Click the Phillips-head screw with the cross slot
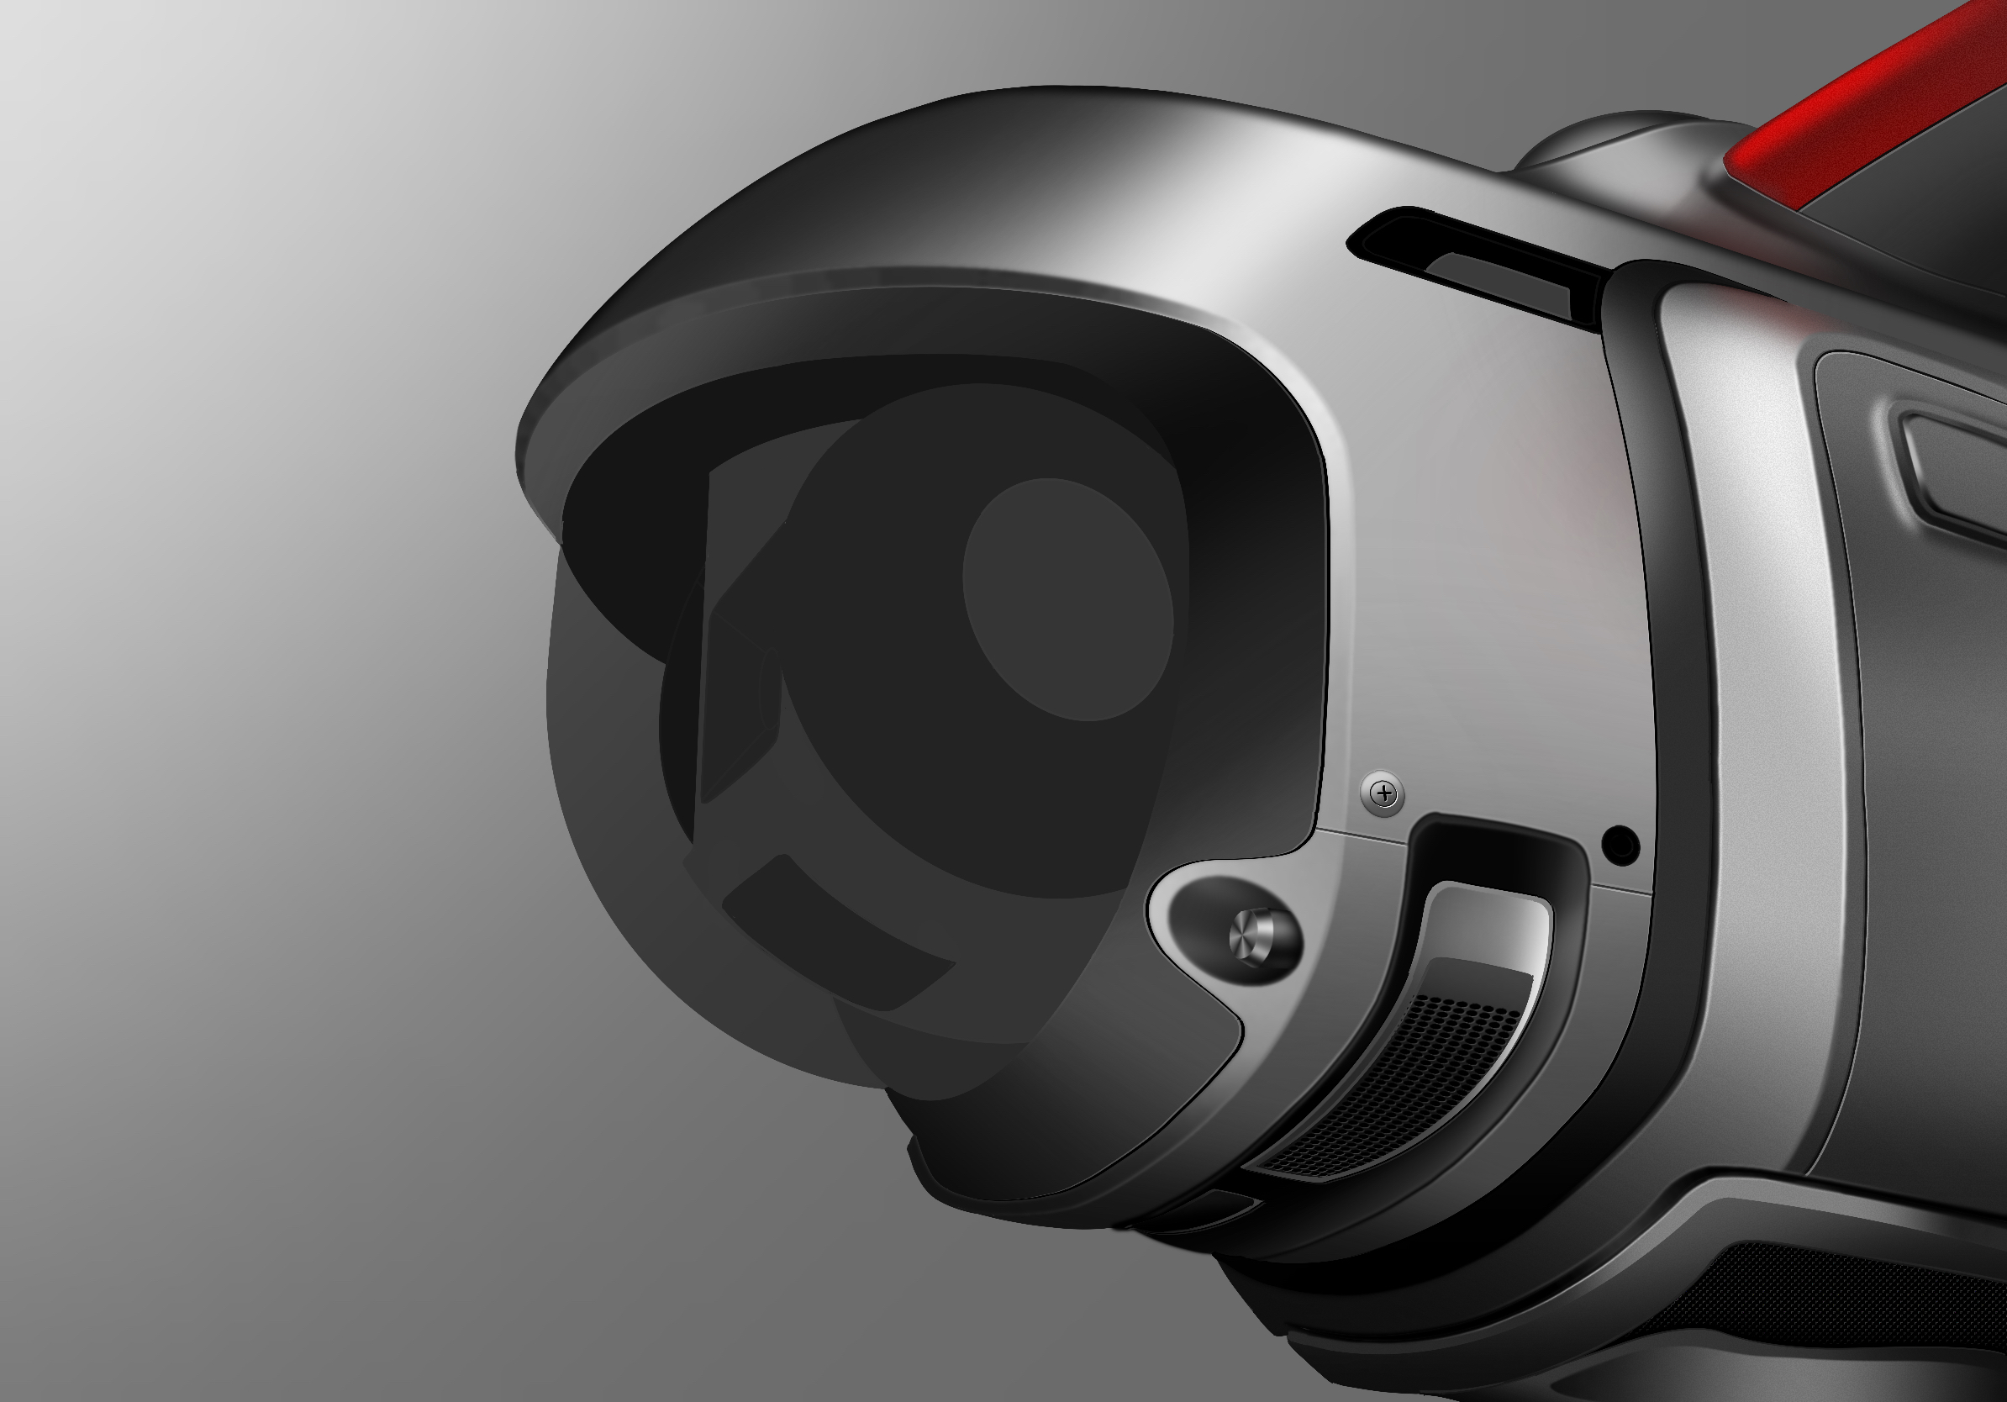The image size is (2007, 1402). click(1383, 793)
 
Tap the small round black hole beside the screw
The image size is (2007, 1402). click(1620, 846)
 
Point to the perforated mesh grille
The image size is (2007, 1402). click(1399, 1083)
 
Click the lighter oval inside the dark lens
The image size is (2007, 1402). click(1068, 599)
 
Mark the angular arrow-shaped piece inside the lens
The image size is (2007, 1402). click(739, 699)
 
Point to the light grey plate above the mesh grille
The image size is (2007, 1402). click(1486, 926)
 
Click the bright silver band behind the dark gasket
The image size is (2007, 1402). click(1757, 699)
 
